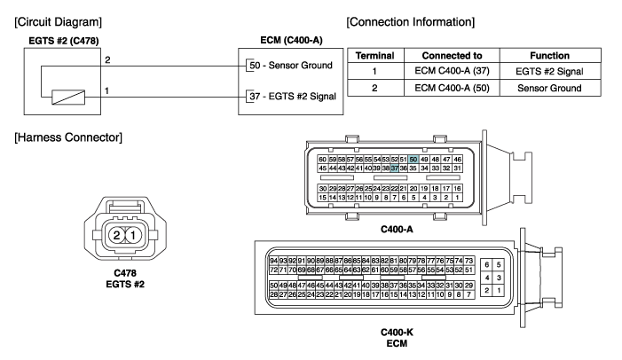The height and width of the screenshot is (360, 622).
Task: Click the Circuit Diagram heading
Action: coord(59,22)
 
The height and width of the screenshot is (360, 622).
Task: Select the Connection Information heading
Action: coord(411,22)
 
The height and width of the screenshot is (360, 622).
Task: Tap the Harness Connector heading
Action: coord(68,137)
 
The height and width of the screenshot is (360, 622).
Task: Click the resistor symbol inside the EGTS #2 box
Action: coord(68,98)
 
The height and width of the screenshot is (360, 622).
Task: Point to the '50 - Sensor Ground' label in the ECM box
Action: coord(291,66)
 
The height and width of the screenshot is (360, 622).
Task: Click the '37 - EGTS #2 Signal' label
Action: coord(293,97)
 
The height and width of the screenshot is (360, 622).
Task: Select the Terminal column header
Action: coord(374,56)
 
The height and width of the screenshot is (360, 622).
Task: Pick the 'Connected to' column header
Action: coord(452,56)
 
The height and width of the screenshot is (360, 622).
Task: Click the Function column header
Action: coord(550,56)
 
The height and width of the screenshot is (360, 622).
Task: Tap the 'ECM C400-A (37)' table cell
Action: coord(452,71)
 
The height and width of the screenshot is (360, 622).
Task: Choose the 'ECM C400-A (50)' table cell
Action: coord(452,88)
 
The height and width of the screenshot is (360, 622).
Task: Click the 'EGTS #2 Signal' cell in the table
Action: coord(549,71)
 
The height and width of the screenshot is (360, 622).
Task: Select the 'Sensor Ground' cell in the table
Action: coord(549,88)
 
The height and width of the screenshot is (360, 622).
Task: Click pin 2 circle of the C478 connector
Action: coord(116,236)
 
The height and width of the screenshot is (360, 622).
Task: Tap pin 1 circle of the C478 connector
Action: coord(133,236)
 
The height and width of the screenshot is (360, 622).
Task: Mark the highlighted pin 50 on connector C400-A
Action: coord(413,160)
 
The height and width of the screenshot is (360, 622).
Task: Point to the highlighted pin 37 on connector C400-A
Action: coord(394,168)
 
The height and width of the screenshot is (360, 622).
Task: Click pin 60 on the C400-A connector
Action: coord(322,160)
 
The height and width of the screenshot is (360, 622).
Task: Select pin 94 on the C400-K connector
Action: coord(273,261)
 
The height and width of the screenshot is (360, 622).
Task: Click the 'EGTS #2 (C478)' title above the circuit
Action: coord(64,41)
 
